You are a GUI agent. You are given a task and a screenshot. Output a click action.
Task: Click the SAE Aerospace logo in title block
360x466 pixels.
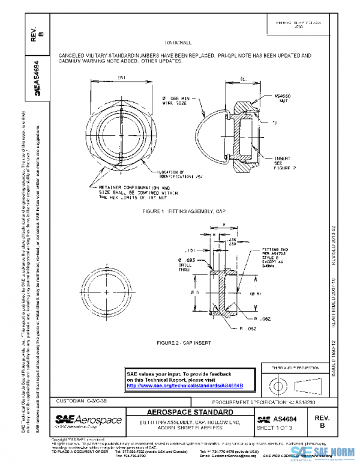89,420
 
